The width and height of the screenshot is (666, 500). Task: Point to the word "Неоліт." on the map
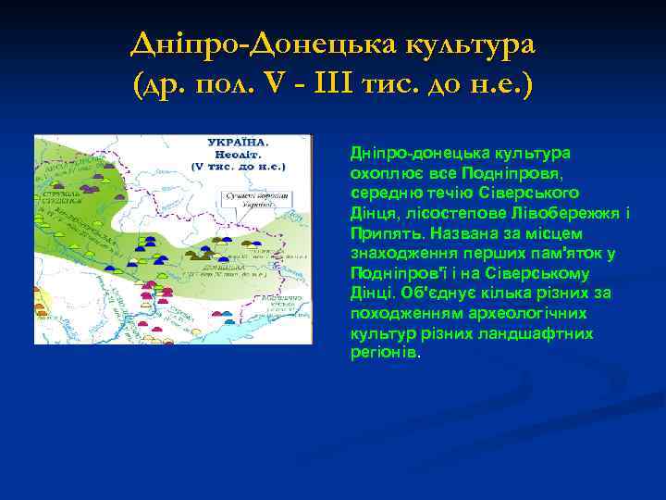[239, 155]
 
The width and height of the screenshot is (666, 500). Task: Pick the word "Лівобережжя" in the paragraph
[573, 213]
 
